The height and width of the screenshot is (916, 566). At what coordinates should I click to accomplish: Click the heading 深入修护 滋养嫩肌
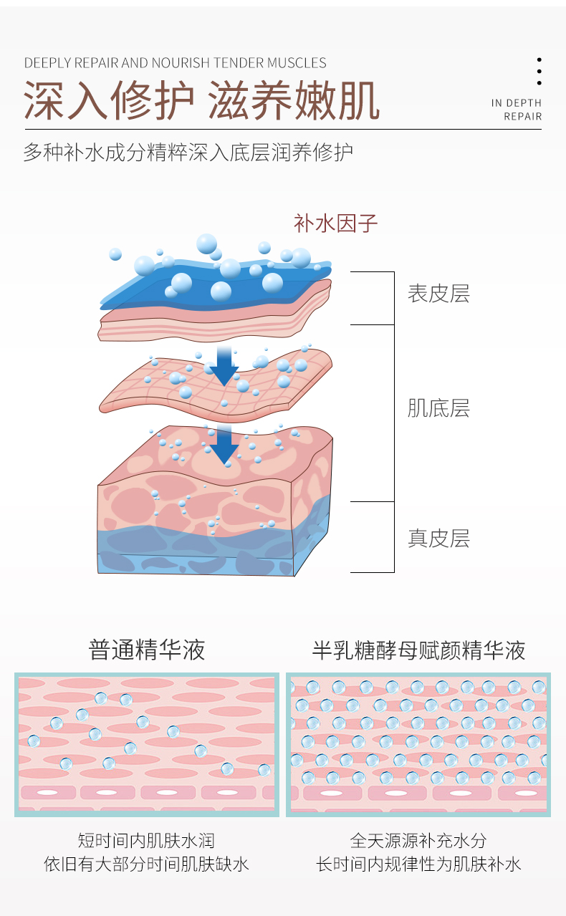point(201,100)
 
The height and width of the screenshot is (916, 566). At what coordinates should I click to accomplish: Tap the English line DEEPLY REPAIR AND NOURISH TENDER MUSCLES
point(175,63)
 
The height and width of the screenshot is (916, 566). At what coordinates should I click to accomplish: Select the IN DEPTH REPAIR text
point(517,110)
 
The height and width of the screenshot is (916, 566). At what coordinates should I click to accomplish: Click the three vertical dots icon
point(539,72)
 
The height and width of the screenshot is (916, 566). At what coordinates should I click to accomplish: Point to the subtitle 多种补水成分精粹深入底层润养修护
point(188,153)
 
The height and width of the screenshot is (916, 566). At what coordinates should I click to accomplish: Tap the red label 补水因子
point(335,223)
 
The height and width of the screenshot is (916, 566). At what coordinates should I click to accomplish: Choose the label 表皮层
point(438,294)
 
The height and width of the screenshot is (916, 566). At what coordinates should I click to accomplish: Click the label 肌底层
point(438,409)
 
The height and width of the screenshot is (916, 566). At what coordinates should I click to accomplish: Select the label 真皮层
point(438,539)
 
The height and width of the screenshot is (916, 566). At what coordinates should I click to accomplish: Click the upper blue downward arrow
point(224,365)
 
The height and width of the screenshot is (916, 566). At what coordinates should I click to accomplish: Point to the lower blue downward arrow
point(224,443)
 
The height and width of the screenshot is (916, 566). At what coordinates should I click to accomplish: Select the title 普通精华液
point(147,650)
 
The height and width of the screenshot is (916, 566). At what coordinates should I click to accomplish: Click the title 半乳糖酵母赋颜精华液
point(418,650)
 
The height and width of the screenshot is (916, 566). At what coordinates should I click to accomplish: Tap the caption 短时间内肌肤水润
point(146,840)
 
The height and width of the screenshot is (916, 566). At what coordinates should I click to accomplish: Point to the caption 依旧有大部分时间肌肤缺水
point(146,864)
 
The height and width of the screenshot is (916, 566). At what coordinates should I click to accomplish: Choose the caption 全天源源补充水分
point(418,840)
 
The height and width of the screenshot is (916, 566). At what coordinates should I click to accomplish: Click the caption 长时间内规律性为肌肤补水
point(418,864)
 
